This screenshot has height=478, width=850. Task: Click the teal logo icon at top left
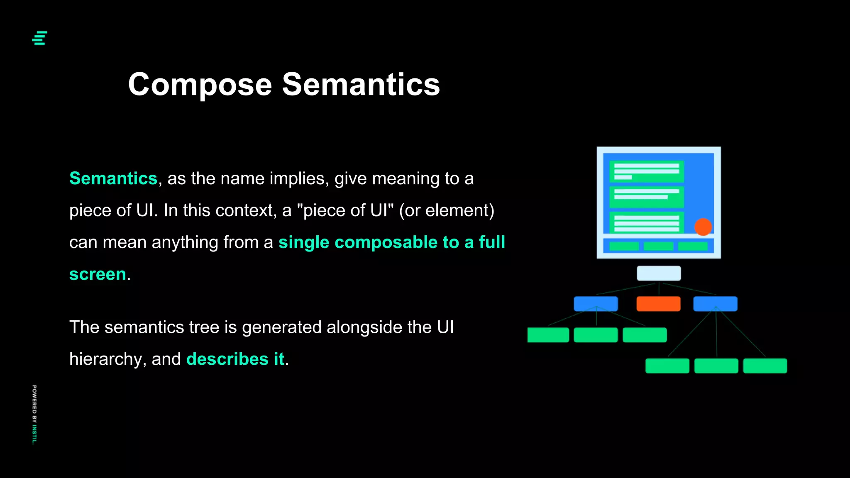point(39,38)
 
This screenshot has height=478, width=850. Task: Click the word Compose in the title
point(200,85)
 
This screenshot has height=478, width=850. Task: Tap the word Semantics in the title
point(361,85)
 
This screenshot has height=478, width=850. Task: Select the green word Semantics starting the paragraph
point(113,178)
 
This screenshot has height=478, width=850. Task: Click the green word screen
point(98,274)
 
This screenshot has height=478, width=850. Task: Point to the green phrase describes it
point(235,359)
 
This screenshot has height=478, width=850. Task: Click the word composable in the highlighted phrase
point(386,242)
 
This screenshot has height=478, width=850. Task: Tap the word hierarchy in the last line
point(105,359)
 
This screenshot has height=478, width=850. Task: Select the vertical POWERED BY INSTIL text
point(34,415)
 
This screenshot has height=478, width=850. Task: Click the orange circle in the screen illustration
point(703,227)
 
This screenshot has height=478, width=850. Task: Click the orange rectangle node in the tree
point(658,304)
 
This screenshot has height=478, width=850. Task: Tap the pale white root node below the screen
point(659,273)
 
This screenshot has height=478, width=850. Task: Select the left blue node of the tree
point(596,304)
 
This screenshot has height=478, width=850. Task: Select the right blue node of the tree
point(715,304)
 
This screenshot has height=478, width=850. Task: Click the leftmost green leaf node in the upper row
point(548,335)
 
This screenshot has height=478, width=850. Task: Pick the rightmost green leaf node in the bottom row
point(765,366)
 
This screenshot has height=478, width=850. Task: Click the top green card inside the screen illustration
point(646,171)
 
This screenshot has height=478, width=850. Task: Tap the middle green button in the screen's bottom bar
point(658,246)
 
